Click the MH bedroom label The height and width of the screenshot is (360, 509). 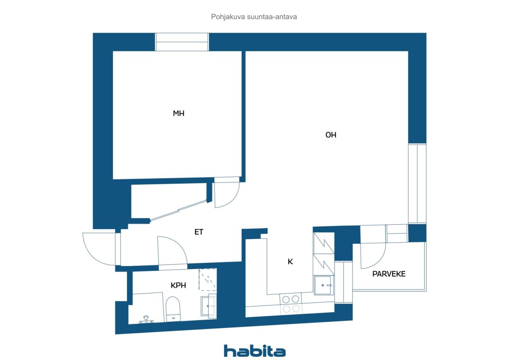pyautogui.click(x=179, y=113)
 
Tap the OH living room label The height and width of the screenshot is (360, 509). pyautogui.click(x=331, y=135)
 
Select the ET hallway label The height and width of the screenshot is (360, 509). pyautogui.click(x=199, y=232)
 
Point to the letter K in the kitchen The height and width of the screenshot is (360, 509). pyautogui.click(x=290, y=262)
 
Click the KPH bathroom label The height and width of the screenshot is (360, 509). pyautogui.click(x=179, y=285)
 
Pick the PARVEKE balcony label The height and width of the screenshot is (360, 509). pyautogui.click(x=389, y=274)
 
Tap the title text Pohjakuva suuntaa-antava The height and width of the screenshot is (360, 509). pyautogui.click(x=254, y=17)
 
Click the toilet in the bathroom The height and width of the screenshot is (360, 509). pyautogui.click(x=173, y=309)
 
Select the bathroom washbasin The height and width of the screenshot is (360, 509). pyautogui.click(x=208, y=306)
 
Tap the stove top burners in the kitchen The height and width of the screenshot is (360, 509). pyautogui.click(x=291, y=304)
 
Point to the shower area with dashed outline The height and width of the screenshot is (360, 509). pyautogui.click(x=208, y=280)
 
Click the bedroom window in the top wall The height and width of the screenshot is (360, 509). pyautogui.click(x=182, y=42)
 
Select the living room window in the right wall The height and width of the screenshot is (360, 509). pyautogui.click(x=417, y=184)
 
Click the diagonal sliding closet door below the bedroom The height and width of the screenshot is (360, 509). pyautogui.click(x=179, y=211)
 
